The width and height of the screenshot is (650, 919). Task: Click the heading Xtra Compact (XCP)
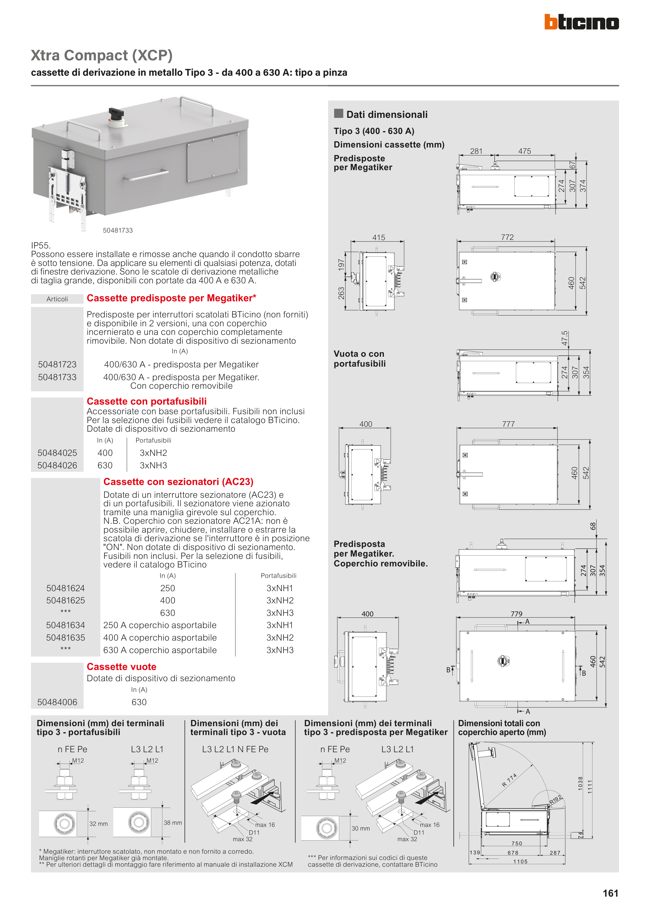coord(102,55)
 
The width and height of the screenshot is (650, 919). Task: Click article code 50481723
coord(57,364)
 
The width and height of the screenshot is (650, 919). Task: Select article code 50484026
coord(57,465)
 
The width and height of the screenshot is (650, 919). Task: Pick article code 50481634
coord(66,625)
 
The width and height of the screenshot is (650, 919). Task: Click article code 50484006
coord(57,702)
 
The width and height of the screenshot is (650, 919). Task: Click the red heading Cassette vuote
coord(121,666)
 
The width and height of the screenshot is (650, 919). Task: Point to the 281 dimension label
coord(476,151)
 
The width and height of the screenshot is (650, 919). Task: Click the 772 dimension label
coord(507,237)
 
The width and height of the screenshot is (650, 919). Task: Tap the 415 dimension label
coord(378,237)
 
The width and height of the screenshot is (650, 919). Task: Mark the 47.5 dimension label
coord(565,338)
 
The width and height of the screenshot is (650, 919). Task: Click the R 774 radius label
coord(509,780)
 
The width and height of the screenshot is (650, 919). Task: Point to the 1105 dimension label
coord(520,861)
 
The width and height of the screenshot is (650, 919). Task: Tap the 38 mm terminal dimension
coord(173,822)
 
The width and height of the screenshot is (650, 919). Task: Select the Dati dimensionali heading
coord(387,114)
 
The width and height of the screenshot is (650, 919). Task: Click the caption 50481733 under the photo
coord(118,230)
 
